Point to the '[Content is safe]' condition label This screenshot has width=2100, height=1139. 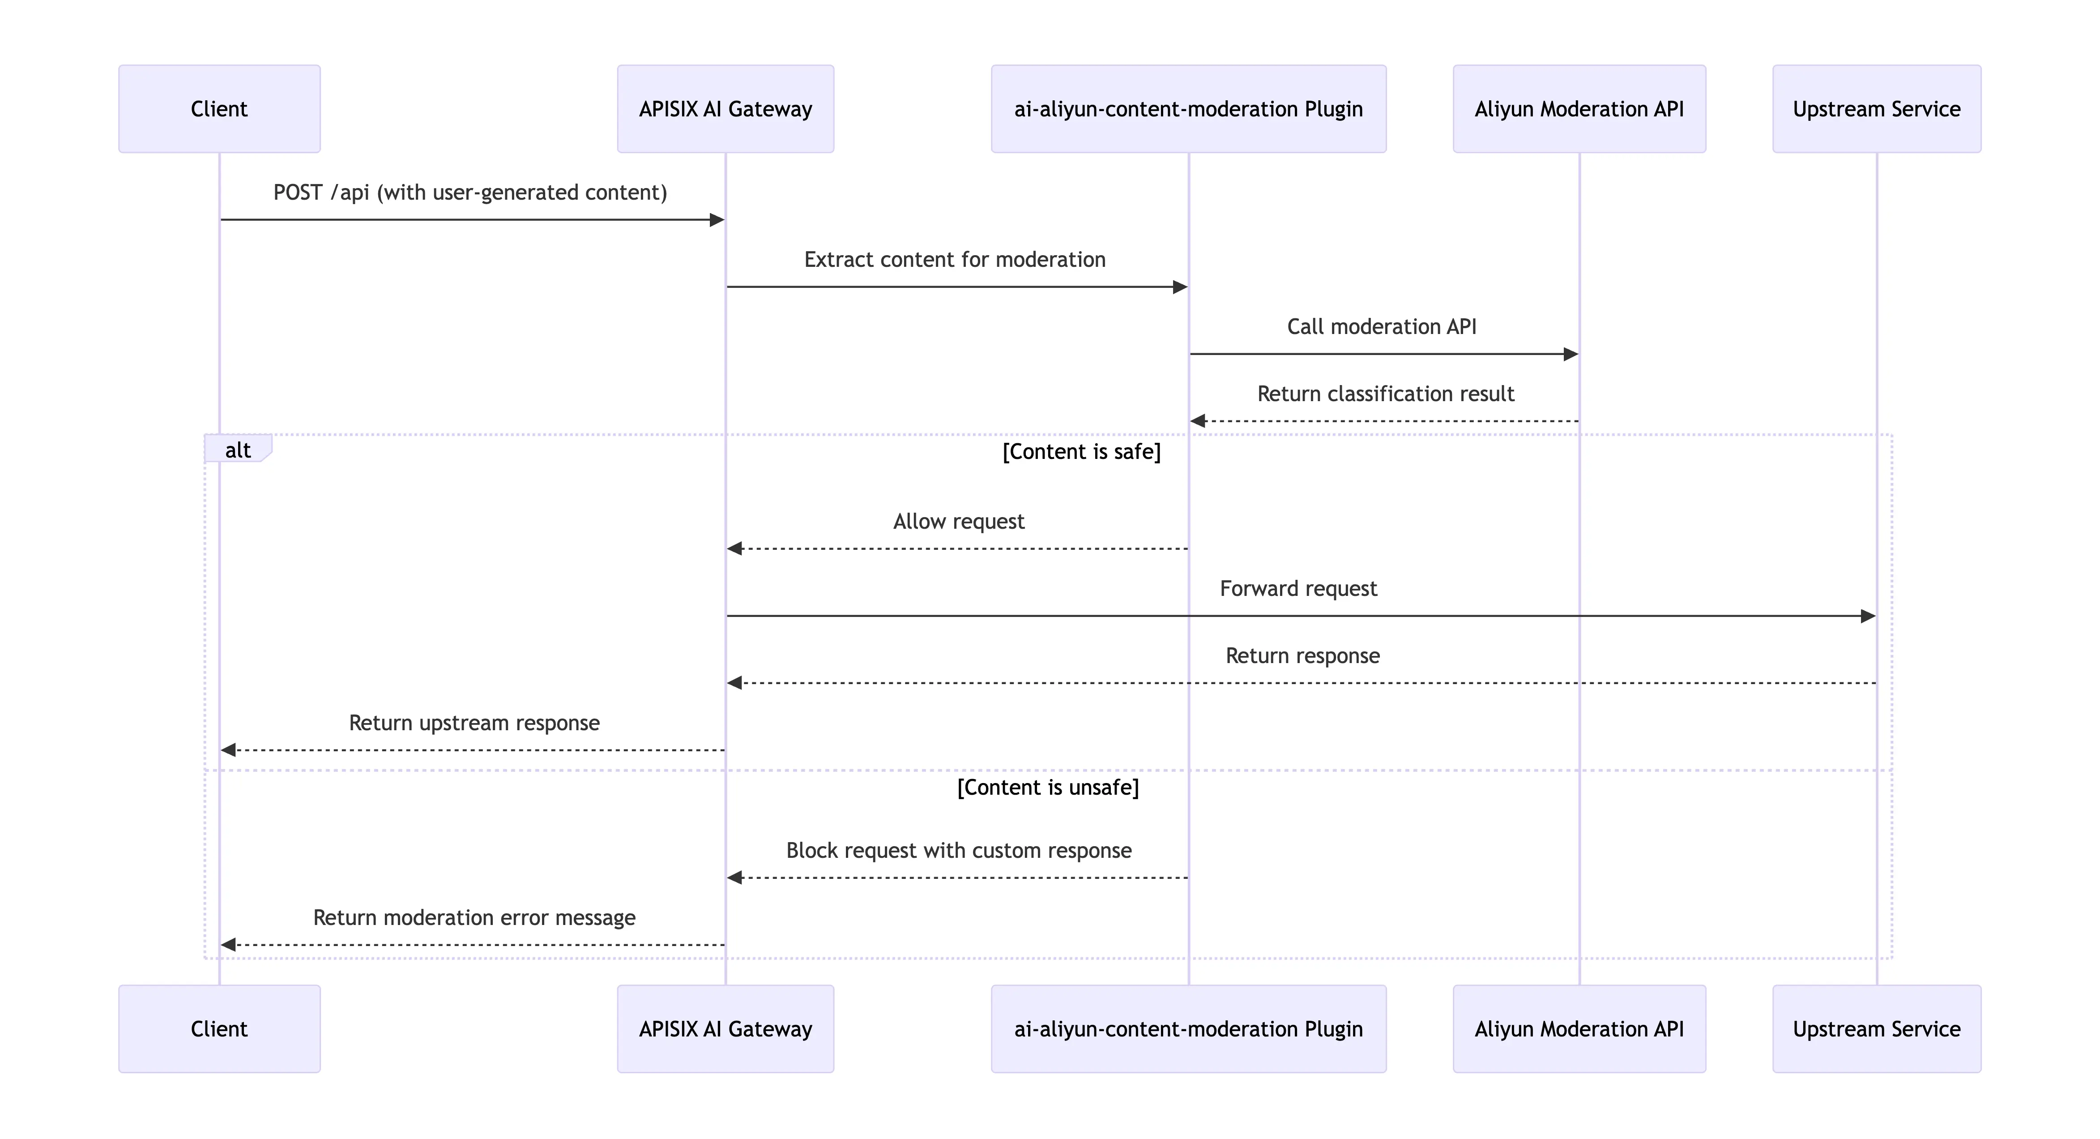1081,452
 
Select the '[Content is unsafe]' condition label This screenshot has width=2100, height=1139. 1048,788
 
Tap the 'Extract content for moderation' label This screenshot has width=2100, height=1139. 955,259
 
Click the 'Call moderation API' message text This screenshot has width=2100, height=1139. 1381,327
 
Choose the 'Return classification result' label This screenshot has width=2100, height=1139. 1385,394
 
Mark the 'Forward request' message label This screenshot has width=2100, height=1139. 1298,589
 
